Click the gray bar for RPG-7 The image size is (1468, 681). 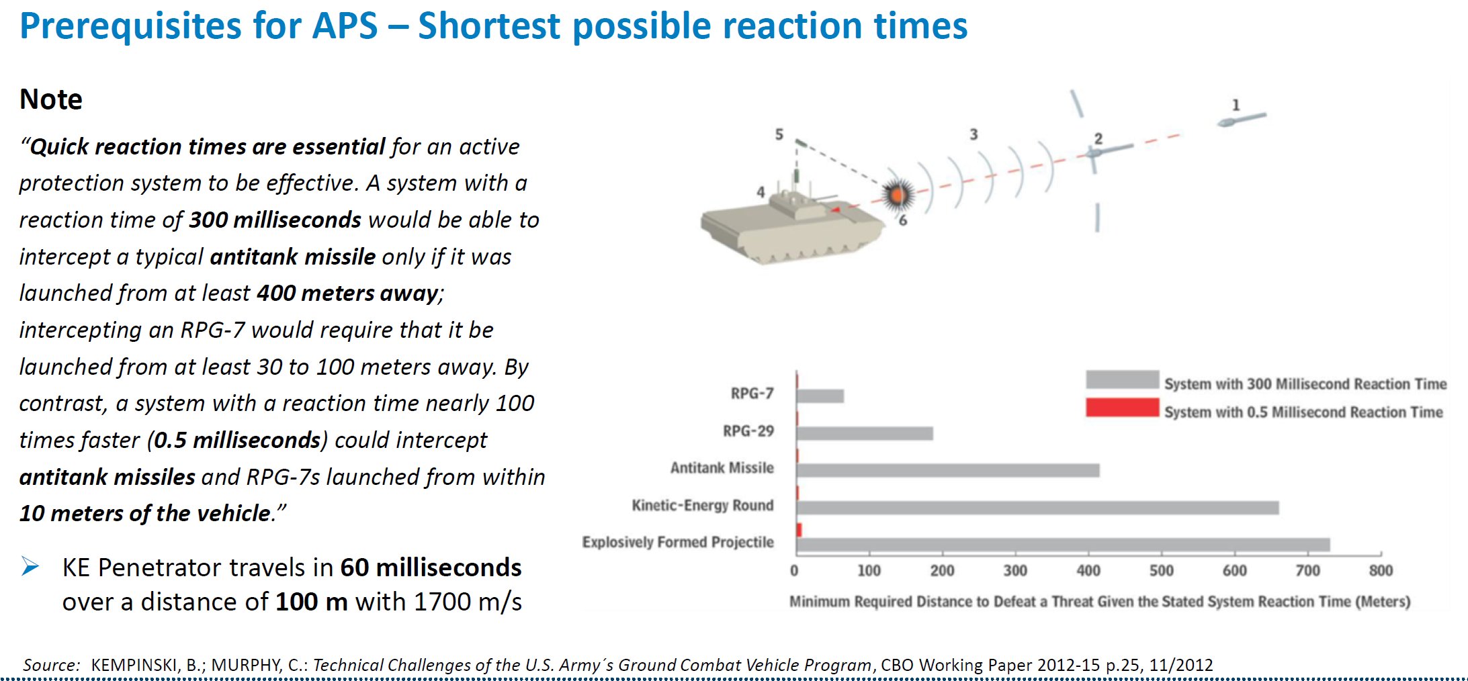(820, 396)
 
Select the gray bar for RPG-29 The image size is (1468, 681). (865, 433)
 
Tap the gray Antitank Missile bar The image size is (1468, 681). (949, 470)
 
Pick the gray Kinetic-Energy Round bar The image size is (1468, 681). (1038, 508)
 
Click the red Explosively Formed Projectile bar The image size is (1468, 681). (799, 530)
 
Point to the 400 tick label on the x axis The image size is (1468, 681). (1088, 571)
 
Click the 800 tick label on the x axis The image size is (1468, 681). (1381, 571)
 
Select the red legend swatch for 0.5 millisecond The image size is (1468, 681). (1122, 408)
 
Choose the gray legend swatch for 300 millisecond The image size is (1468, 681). (1122, 379)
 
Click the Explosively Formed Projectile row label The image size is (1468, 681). (678, 542)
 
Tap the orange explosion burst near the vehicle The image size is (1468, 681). (897, 195)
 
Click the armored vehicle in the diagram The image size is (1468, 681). (793, 225)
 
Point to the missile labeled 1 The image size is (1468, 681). (1242, 120)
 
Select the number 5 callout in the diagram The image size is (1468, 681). (779, 134)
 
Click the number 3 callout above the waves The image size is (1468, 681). (974, 134)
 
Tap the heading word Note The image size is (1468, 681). (51, 99)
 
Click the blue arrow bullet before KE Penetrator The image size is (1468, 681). (30, 567)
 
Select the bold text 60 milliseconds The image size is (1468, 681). (431, 567)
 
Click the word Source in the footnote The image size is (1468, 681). (51, 665)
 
